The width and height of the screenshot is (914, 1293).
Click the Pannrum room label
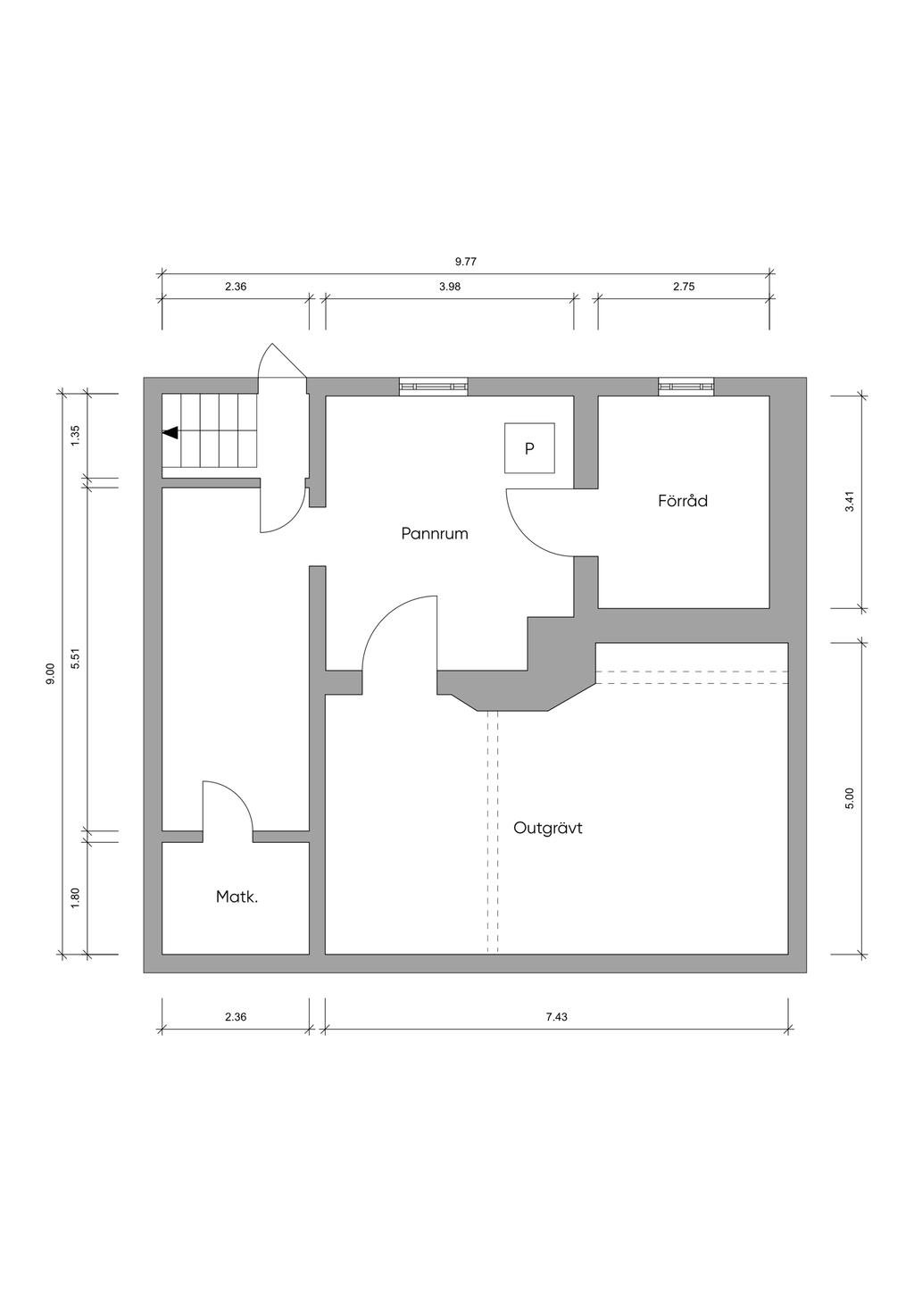coord(435,533)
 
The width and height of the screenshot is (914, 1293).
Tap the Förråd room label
coord(683,500)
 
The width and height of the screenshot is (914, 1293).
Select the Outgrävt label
coord(547,829)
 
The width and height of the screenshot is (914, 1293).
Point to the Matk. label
coord(237,897)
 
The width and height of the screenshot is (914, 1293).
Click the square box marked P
coord(529,448)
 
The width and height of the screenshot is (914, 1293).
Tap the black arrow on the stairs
coord(170,433)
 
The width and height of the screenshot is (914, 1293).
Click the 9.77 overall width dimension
coord(466,262)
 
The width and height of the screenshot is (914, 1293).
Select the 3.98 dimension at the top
coord(450,287)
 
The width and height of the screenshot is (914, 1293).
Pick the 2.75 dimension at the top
coord(684,287)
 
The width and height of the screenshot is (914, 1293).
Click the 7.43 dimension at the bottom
coord(556,1033)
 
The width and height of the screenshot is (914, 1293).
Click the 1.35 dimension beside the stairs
coord(75,436)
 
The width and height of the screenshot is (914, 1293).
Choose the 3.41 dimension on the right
coord(849,501)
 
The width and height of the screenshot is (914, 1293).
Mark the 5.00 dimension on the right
coord(849,798)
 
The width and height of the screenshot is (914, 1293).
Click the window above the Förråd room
coord(686,387)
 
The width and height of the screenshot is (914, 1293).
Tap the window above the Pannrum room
coord(433,387)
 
